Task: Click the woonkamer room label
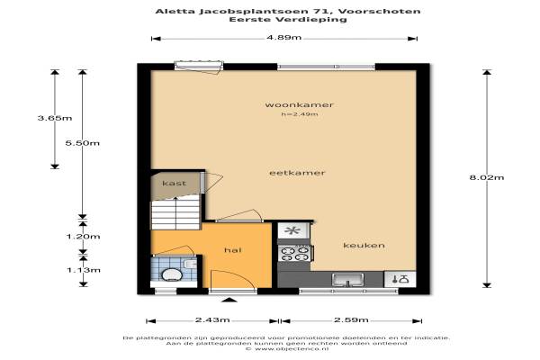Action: [299, 104]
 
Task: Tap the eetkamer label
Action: [297, 173]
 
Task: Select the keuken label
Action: [364, 246]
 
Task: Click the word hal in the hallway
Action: [232, 250]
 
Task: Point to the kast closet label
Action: [175, 184]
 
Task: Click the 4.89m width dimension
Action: [283, 37]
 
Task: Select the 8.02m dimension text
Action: [487, 178]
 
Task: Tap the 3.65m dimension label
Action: [55, 118]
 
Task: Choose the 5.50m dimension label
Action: [82, 143]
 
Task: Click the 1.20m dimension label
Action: [83, 237]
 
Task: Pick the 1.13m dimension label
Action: [84, 270]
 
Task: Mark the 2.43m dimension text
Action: [212, 320]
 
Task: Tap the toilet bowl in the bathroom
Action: [172, 274]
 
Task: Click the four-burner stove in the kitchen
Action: [295, 253]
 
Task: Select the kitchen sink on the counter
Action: [347, 280]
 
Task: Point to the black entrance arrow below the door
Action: [229, 300]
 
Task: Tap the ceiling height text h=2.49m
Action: [300, 114]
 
